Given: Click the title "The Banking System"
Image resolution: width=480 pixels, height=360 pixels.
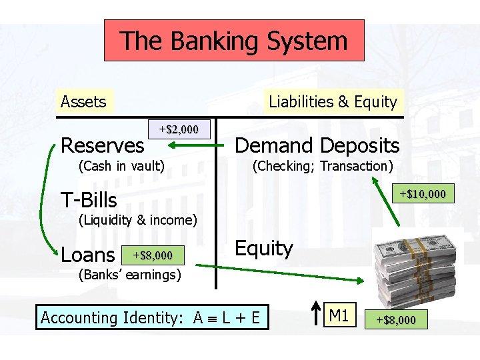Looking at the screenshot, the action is pos(234,41).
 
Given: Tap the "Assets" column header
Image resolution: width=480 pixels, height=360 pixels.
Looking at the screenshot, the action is pos(83,102).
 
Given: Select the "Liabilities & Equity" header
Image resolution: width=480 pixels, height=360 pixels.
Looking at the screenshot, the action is pos(333,102).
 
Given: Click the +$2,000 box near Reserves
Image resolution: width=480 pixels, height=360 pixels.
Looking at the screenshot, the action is pos(179,129).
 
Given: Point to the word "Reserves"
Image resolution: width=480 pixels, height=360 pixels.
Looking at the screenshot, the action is pos(102,145).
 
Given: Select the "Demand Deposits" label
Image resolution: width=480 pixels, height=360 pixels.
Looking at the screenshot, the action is pos(317,145).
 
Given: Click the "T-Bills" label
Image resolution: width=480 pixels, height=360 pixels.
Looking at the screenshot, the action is pos(89,200).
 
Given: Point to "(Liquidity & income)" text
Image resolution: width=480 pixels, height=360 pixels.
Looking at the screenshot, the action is pos(138,220).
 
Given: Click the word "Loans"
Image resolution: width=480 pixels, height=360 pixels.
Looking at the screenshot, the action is pos(87,255).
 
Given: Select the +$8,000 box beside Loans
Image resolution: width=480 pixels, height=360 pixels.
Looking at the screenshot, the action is pos(153,255).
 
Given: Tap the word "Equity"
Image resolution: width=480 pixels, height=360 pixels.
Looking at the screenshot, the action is pos(264,249).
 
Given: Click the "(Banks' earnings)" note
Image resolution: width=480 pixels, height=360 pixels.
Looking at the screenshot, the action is pos(129,275).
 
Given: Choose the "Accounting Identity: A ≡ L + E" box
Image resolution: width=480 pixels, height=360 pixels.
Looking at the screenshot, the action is pos(151,317).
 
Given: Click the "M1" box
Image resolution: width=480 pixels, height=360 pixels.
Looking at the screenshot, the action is pos(339,315).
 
